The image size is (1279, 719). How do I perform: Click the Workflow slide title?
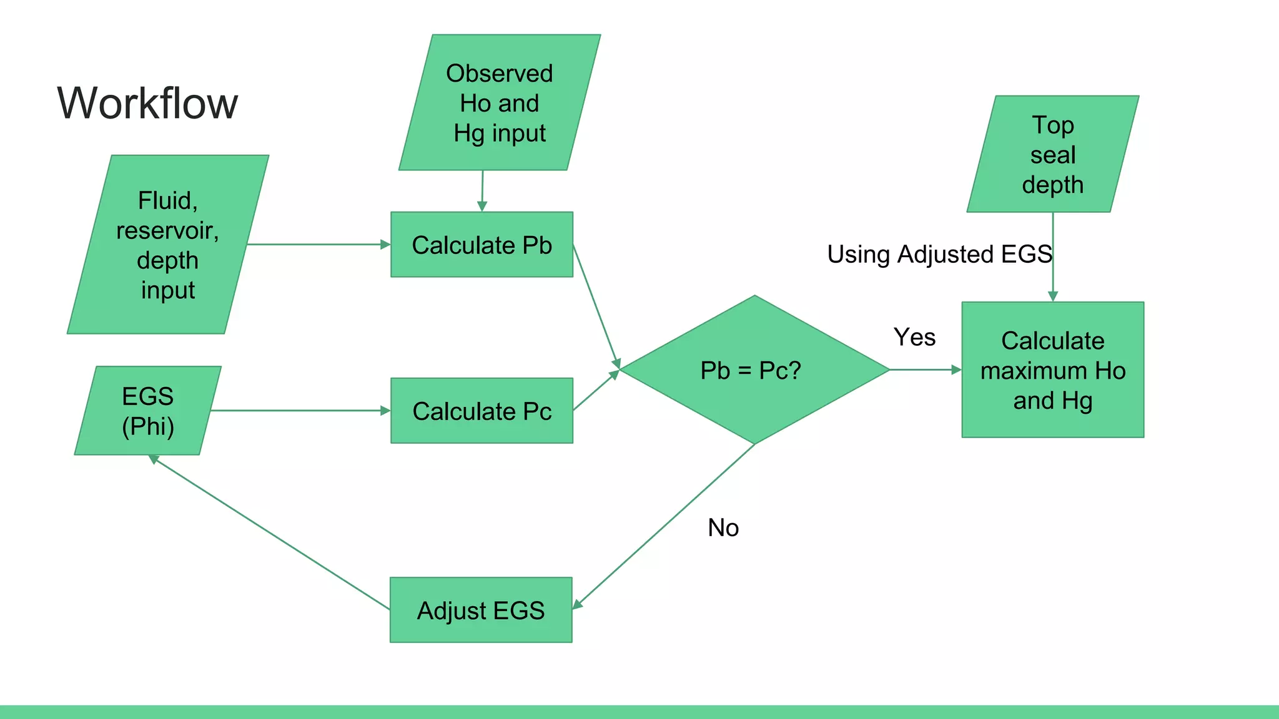(147, 103)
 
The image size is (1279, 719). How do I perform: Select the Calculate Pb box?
(481, 245)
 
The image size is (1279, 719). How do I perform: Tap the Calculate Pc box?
(481, 411)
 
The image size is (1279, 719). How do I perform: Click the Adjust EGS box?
(481, 610)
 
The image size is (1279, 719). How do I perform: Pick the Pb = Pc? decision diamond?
(754, 370)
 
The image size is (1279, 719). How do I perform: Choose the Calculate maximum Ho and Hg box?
(1053, 370)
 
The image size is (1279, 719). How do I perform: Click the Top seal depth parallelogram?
(1053, 154)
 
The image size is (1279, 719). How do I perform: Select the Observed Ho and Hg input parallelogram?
(500, 103)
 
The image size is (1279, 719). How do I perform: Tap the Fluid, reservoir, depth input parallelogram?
(167, 245)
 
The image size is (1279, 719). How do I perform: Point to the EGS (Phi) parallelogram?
(148, 411)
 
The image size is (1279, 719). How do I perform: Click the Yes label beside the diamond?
(914, 337)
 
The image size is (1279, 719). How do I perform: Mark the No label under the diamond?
(723, 528)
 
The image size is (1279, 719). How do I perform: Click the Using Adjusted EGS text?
(939, 254)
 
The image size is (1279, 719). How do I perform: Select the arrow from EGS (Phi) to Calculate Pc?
(300, 411)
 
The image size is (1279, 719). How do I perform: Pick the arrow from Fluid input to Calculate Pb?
(319, 245)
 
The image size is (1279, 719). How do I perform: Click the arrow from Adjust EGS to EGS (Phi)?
(269, 531)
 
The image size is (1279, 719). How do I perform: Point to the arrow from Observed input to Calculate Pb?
(482, 190)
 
